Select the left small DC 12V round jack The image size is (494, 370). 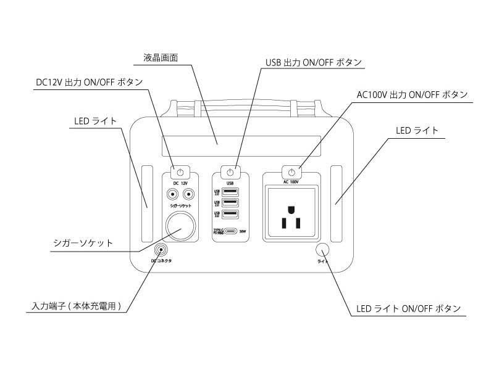[170, 194]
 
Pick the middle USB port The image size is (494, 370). [230, 203]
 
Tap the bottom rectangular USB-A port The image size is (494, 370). [230, 215]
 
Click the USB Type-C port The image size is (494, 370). [228, 232]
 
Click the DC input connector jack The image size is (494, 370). [161, 250]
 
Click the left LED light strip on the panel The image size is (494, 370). [146, 204]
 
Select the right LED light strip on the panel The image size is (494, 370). [337, 204]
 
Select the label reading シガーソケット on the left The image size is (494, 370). [83, 243]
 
